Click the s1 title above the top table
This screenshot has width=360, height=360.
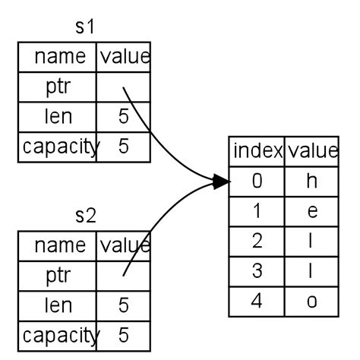[x=84, y=27]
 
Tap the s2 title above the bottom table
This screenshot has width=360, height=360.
[x=85, y=216]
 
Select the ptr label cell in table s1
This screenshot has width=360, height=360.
[x=58, y=86]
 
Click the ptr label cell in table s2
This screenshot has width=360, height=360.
[x=58, y=275]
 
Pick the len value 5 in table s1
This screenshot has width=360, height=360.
[x=124, y=116]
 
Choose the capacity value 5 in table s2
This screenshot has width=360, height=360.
[x=124, y=334]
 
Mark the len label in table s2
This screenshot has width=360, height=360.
[x=58, y=305]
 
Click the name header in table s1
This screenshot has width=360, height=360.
[x=58, y=56]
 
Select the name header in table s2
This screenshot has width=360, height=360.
[x=58, y=245]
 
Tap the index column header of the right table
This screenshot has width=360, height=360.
[x=257, y=150]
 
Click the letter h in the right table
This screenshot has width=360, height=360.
[x=311, y=181]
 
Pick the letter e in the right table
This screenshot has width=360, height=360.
[x=311, y=210]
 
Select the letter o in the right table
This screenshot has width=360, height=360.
[x=311, y=300]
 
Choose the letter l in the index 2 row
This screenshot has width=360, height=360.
[x=311, y=241]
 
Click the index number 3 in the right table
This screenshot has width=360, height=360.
[x=257, y=270]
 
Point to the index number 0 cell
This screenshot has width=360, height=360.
[x=257, y=181]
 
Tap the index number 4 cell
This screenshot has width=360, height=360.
[x=257, y=300]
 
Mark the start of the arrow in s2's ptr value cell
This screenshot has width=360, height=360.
[x=123, y=274]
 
